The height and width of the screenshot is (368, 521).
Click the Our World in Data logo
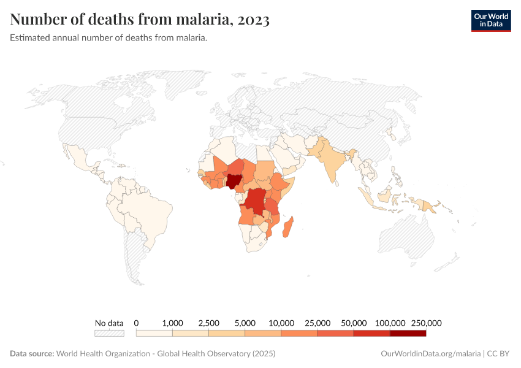pyautogui.click(x=490, y=20)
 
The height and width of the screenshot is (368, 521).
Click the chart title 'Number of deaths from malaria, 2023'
pyautogui.click(x=140, y=20)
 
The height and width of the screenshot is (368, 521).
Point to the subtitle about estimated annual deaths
pyautogui.click(x=108, y=38)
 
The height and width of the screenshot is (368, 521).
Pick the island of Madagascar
pyautogui.click(x=291, y=226)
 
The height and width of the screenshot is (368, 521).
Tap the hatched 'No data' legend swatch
pyautogui.click(x=109, y=334)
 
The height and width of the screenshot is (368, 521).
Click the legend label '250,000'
pyautogui.click(x=426, y=323)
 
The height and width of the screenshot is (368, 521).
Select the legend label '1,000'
pyautogui.click(x=172, y=323)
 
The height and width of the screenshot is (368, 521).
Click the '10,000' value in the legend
pyautogui.click(x=281, y=323)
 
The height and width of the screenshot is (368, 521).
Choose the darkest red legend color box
pyautogui.click(x=408, y=334)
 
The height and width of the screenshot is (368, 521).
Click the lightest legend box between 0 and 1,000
pyautogui.click(x=154, y=334)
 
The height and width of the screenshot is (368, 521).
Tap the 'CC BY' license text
pyautogui.click(x=499, y=354)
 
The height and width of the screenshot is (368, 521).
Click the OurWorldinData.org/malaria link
pyautogui.click(x=431, y=354)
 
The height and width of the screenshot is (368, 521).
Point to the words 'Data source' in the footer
pyautogui.click(x=31, y=354)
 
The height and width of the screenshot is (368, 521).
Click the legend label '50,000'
pyautogui.click(x=354, y=323)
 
